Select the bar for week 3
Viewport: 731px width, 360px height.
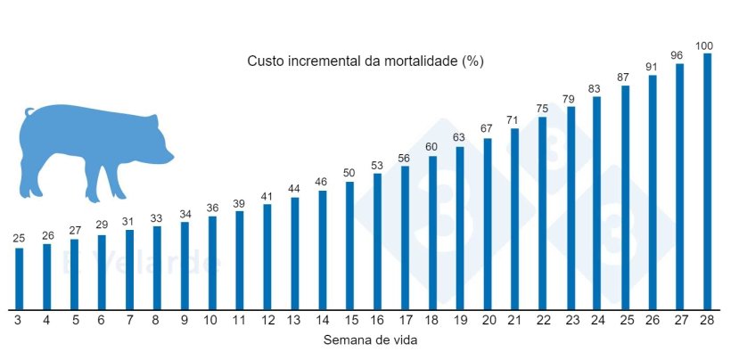pos(19,278)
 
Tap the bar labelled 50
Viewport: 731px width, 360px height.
pos(349,245)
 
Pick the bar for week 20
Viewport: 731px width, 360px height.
pos(488,224)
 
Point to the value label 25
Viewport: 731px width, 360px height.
pos(19,239)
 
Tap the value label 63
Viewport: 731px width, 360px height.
pos(460,138)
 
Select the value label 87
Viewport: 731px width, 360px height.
pos(625,78)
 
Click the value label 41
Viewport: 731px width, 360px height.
pos(267,196)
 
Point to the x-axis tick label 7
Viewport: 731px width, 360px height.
pos(129,320)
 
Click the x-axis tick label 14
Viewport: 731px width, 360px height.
pos(322,320)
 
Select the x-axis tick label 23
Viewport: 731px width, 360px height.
pos(570,320)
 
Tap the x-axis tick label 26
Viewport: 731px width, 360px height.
pos(653,320)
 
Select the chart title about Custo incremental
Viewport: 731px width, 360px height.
pos(365,61)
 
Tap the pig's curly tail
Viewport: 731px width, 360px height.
pos(29,112)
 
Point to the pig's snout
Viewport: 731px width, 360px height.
pos(169,157)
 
